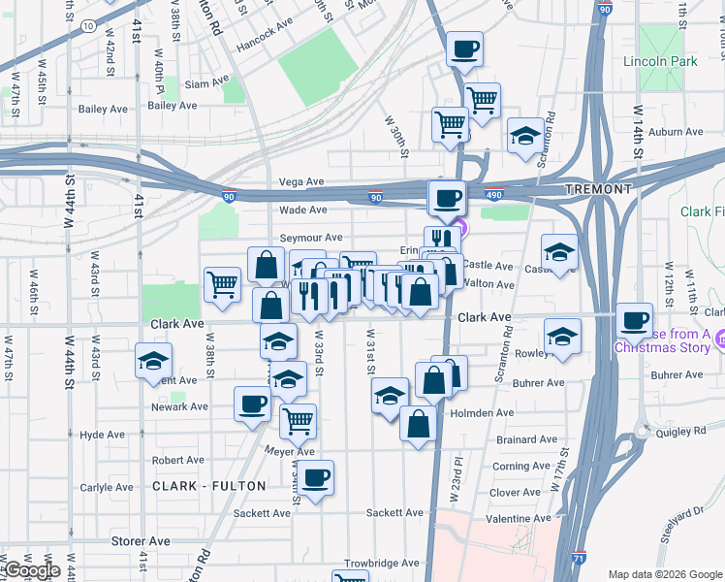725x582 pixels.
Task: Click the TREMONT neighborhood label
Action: (599, 189)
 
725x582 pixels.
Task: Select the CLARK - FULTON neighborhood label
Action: (207, 486)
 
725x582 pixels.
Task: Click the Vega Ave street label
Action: (300, 181)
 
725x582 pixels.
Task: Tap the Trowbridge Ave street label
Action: (383, 563)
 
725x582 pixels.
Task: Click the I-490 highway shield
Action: (494, 194)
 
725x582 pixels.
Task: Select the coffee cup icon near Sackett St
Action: (316, 477)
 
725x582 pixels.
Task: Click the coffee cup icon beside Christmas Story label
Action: (635, 320)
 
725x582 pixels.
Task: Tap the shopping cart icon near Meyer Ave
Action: (298, 421)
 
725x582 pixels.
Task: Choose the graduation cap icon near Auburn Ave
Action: (525, 135)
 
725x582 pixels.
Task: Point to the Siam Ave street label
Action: (207, 83)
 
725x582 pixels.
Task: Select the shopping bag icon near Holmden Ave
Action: (418, 424)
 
